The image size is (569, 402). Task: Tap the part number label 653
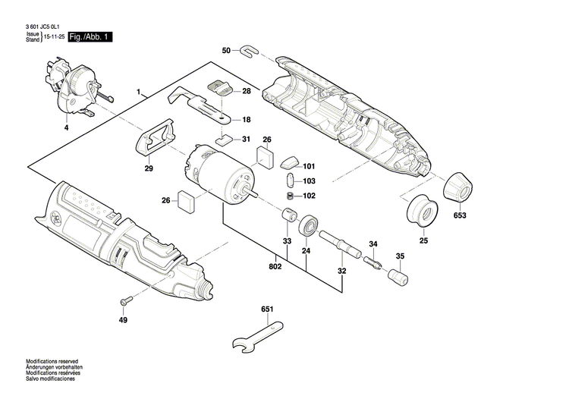(x=460, y=215)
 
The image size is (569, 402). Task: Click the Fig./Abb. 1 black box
(x=90, y=36)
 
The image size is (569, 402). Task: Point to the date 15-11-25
(x=53, y=37)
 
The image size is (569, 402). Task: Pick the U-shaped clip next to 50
(x=249, y=52)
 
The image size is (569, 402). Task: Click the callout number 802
(x=275, y=266)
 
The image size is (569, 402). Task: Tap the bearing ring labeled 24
(x=307, y=226)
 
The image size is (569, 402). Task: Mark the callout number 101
(x=308, y=166)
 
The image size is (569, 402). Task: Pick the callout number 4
(x=65, y=129)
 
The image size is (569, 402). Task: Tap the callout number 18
(x=245, y=120)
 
